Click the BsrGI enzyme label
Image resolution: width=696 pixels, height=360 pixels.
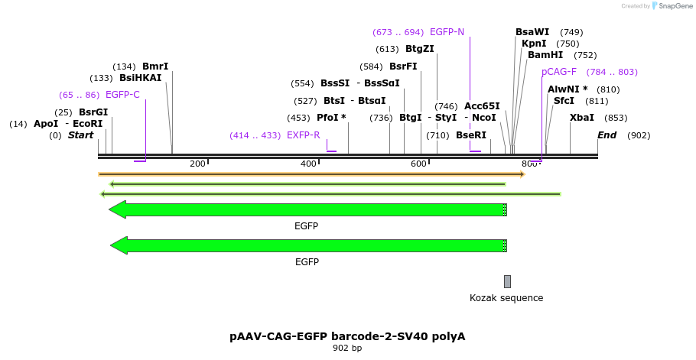pos(93,112)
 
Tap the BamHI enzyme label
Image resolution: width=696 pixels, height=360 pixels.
pos(545,55)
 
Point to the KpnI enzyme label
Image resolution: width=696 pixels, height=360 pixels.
pos(534,44)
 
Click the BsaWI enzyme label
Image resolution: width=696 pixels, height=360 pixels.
pos(532,32)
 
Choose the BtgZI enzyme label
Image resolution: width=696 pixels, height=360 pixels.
pos(420,49)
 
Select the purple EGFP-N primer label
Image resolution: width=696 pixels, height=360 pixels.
pos(447,32)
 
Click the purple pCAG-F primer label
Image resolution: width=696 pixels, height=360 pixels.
pos(559,72)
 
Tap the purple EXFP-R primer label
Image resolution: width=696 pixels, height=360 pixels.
pos(304,135)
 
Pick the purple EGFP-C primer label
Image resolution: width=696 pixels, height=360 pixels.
pos(122,95)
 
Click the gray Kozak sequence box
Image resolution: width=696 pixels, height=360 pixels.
pos(507,281)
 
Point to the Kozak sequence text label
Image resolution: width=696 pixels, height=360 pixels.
pos(506,298)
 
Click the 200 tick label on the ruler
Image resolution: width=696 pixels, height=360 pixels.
pos(197,164)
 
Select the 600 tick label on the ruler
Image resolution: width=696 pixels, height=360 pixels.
pos(418,164)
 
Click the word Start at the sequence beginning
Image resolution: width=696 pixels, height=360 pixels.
pos(80,135)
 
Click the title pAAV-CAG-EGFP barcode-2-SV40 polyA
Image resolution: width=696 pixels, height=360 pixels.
pos(347,336)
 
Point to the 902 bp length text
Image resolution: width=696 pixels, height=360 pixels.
pos(347,349)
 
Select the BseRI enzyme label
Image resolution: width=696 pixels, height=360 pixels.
pos(471,135)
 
